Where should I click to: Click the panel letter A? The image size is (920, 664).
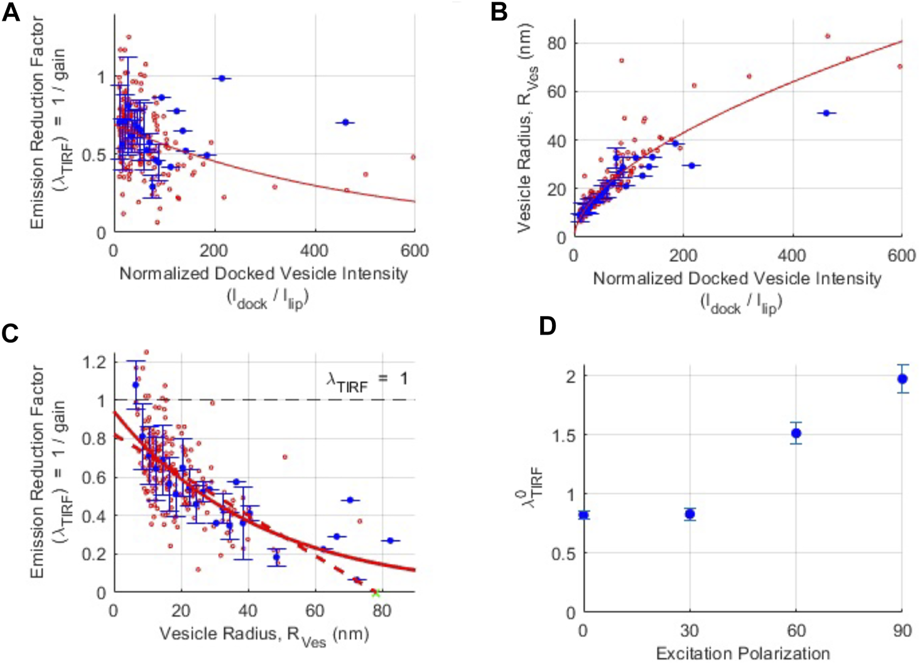[11, 13]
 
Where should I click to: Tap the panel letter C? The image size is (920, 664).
[11, 334]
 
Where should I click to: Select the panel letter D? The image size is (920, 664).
[548, 327]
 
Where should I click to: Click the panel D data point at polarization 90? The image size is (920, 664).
[902, 379]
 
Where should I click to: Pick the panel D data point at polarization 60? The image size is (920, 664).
[796, 433]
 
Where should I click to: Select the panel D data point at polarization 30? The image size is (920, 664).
[690, 514]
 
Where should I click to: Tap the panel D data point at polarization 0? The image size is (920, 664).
[583, 515]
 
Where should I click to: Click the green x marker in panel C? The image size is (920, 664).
[376, 593]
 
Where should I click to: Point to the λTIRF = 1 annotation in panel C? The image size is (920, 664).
[367, 379]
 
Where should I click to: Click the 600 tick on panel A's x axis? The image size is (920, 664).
[414, 251]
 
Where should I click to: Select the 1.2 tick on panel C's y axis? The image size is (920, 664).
[95, 362]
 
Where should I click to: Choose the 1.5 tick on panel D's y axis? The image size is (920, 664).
[563, 435]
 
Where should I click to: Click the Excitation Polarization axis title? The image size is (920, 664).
[742, 653]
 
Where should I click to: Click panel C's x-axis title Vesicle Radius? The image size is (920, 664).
[264, 634]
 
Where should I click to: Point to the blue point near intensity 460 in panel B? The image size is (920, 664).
[826, 113]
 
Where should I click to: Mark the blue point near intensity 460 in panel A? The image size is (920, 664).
[345, 122]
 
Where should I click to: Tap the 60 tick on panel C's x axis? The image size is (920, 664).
[315, 611]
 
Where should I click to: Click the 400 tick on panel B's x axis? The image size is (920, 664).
[792, 256]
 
